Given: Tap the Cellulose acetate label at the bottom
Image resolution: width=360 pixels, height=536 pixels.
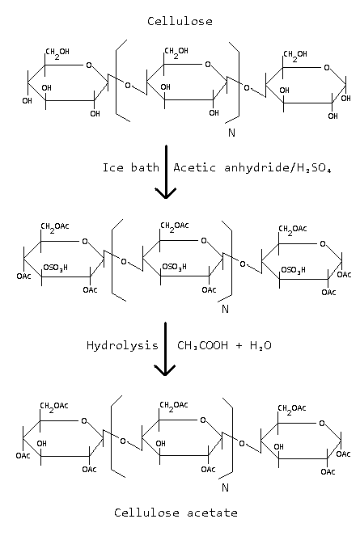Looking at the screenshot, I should click(x=177, y=513).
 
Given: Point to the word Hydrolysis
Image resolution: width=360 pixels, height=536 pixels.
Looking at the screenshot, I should click(x=122, y=345).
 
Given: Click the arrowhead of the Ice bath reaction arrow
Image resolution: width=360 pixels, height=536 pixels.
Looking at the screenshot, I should click(x=165, y=192).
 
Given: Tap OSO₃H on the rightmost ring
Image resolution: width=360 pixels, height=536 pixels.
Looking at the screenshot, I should click(x=295, y=266).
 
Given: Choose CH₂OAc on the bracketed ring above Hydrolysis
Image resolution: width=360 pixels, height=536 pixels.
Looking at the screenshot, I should click(x=175, y=226).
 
